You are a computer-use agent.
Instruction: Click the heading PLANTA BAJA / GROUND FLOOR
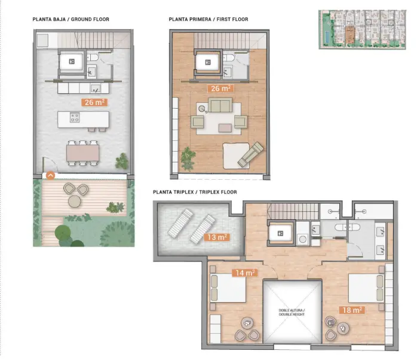tap(70, 19)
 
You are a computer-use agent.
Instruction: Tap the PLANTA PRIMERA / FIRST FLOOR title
tap(208, 19)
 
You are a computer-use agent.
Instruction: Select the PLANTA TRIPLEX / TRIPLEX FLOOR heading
tap(195, 192)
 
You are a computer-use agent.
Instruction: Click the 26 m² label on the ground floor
tap(94, 102)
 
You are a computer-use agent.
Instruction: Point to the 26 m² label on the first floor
tap(220, 88)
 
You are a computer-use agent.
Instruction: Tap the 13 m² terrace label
tap(217, 237)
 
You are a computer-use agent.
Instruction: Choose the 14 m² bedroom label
tap(245, 273)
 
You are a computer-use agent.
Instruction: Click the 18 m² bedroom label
tap(351, 310)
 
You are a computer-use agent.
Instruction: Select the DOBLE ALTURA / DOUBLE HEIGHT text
tap(292, 312)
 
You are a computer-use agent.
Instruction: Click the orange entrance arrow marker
tap(51, 176)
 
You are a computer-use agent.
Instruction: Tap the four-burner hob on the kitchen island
tap(75, 118)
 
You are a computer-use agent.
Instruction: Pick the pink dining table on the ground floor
tap(82, 153)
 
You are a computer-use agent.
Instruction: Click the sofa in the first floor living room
tap(220, 105)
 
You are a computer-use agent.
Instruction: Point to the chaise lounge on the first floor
tap(250, 155)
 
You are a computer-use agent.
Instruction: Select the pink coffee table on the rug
tap(225, 128)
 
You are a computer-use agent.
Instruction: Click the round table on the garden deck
tap(75, 201)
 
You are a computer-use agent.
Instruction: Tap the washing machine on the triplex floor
tap(303, 239)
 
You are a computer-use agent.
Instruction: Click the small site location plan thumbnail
tap(362, 29)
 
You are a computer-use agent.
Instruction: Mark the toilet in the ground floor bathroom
tap(93, 57)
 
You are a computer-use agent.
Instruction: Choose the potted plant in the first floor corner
tap(188, 159)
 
